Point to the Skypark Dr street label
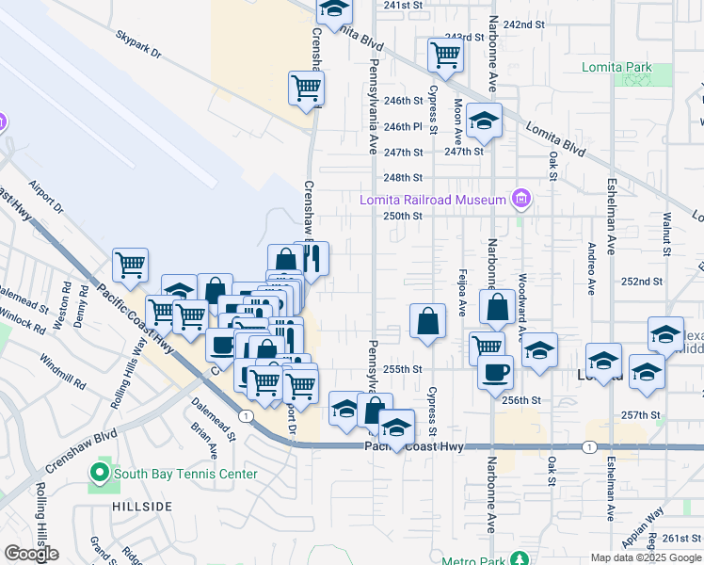[x=139, y=46]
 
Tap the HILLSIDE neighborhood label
[x=142, y=507]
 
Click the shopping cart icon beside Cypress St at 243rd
[x=445, y=54]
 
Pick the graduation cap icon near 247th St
[x=484, y=121]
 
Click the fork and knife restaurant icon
[x=312, y=258]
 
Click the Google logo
[x=31, y=554]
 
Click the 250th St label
[x=402, y=216]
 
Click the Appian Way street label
[x=649, y=520]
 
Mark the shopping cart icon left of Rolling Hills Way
[x=130, y=265]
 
